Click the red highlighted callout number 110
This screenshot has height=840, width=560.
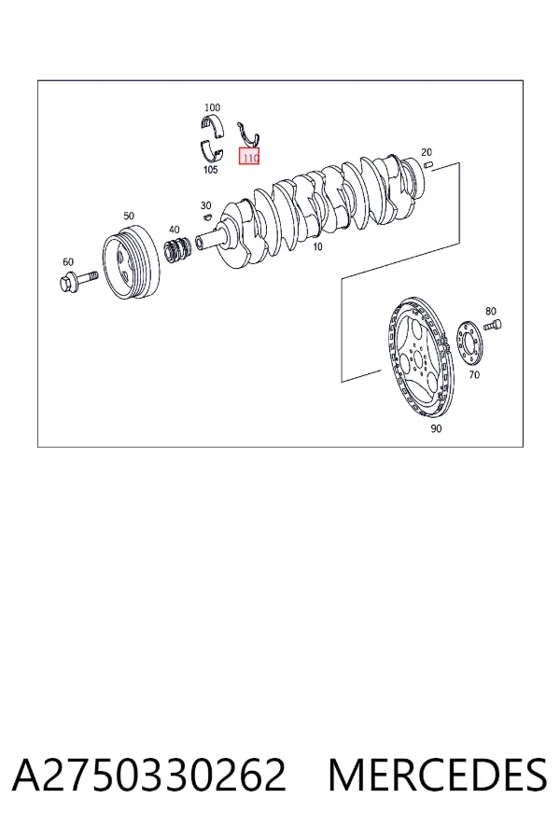pos(249,157)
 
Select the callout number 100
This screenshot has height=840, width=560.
pos(212,107)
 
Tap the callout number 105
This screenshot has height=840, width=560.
pos(211,170)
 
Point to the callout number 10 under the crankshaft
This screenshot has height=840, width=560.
pos(317,247)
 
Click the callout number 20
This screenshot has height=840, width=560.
pos(427,152)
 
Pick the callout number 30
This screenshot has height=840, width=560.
pos(205,205)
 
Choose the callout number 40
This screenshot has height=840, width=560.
pos(175,230)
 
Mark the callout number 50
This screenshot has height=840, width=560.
pos(129,216)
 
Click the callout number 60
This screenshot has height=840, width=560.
pos(68,262)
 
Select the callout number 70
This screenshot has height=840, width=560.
pos(474,375)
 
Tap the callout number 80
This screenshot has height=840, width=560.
pos(491,311)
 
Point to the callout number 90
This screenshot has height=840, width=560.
pos(436,428)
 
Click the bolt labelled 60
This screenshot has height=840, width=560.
pos(78,280)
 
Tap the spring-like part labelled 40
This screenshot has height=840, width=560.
pos(178,251)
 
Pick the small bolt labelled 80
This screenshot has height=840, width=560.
pos(493,325)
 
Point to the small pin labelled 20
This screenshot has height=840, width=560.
pos(427,164)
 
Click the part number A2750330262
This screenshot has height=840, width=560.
pos(149,775)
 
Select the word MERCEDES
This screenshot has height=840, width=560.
pos(438,775)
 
